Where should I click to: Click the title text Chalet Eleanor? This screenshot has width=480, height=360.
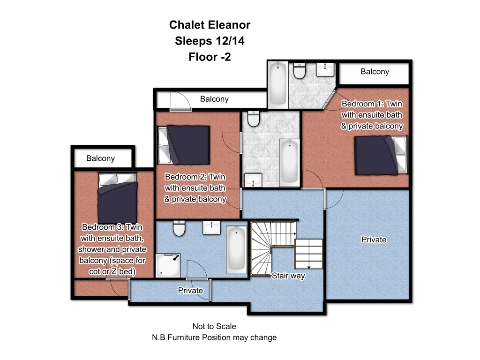pyautogui.click(x=210, y=25)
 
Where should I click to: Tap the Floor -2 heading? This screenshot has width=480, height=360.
pyautogui.click(x=210, y=57)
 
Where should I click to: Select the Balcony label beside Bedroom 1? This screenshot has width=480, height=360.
pyautogui.click(x=375, y=72)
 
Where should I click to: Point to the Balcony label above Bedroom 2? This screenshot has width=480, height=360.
pyautogui.click(x=214, y=99)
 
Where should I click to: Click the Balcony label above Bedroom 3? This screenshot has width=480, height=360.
pyautogui.click(x=100, y=158)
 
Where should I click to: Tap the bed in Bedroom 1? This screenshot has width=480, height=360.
pyautogui.click(x=381, y=156)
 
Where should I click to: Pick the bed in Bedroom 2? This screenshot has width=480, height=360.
pyautogui.click(x=184, y=145)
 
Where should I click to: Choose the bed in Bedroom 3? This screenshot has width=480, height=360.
pyautogui.click(x=118, y=199)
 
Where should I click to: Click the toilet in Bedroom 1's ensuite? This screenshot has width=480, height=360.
pyautogui.click(x=300, y=71)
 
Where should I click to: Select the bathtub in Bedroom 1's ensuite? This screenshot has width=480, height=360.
pyautogui.click(x=278, y=83)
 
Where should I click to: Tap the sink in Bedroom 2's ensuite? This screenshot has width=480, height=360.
pyautogui.click(x=253, y=180)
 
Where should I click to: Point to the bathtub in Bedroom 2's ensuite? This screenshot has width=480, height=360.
pyautogui.click(x=289, y=163)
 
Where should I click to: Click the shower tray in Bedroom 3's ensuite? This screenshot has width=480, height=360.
pyautogui.click(x=168, y=265)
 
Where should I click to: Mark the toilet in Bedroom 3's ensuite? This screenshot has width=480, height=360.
pyautogui.click(x=179, y=228)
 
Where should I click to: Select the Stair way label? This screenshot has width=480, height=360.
pyautogui.click(x=288, y=276)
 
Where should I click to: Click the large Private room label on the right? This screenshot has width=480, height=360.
pyautogui.click(x=374, y=240)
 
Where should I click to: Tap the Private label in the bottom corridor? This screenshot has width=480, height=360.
pyautogui.click(x=190, y=291)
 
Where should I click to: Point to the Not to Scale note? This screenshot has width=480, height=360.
pyautogui.click(x=214, y=326)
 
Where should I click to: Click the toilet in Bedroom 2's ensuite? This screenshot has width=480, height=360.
pyautogui.click(x=254, y=119)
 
